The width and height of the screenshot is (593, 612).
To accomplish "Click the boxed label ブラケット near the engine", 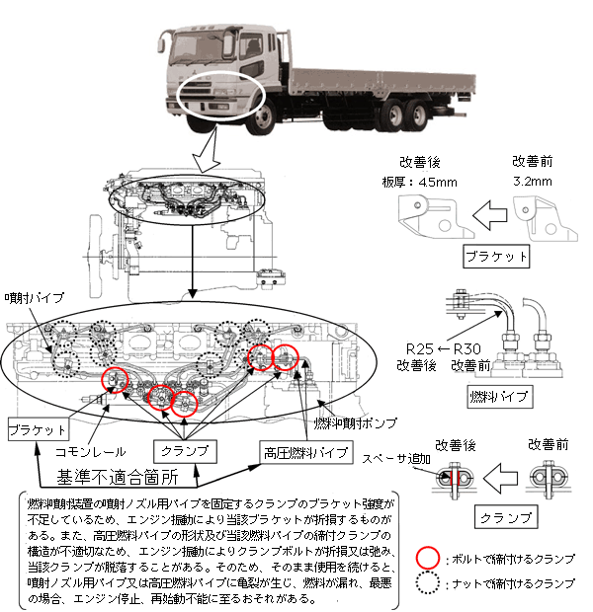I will pyautogui.click(x=38, y=430).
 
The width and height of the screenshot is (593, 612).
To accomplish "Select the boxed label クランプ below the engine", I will pyautogui.click(x=184, y=450).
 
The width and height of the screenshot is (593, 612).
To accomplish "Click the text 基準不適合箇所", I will pyautogui.click(x=108, y=473).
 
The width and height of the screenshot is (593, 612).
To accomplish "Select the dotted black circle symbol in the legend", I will pyautogui.click(x=427, y=583).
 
